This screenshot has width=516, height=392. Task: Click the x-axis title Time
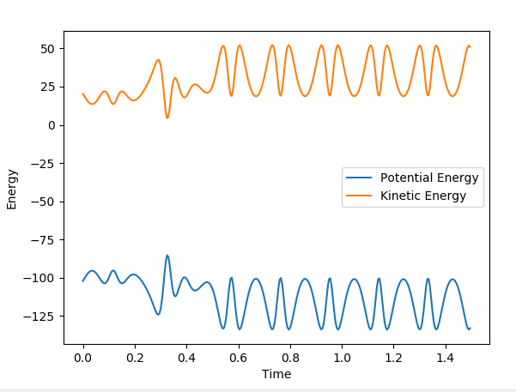coord(276,374)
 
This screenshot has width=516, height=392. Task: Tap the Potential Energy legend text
coord(429,178)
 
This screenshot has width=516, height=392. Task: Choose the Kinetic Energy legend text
coord(423,196)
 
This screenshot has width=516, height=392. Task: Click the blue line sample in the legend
coord(360,178)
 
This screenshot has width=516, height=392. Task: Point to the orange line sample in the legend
coord(360,196)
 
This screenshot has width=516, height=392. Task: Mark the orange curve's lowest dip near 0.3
coord(167,118)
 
